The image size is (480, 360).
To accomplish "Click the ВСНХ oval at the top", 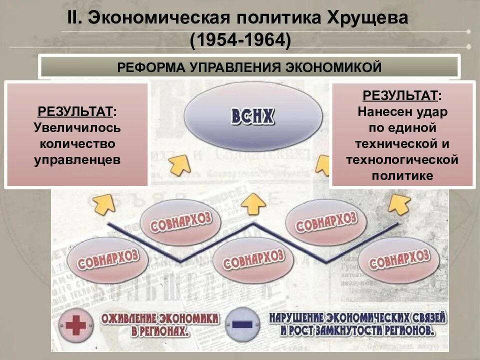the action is pyautogui.click(x=253, y=116).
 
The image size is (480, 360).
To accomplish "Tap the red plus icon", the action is pyautogui.click(x=76, y=325).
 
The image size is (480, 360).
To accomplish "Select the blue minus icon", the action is pyautogui.click(x=242, y=324).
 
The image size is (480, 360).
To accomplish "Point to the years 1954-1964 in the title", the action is pyautogui.click(x=240, y=40).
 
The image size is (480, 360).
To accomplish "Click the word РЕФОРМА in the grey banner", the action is pyautogui.click(x=149, y=67).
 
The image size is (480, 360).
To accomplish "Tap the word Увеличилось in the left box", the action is pyautogui.click(x=77, y=127).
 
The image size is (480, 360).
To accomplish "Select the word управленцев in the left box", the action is pyautogui.click(x=77, y=160).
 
